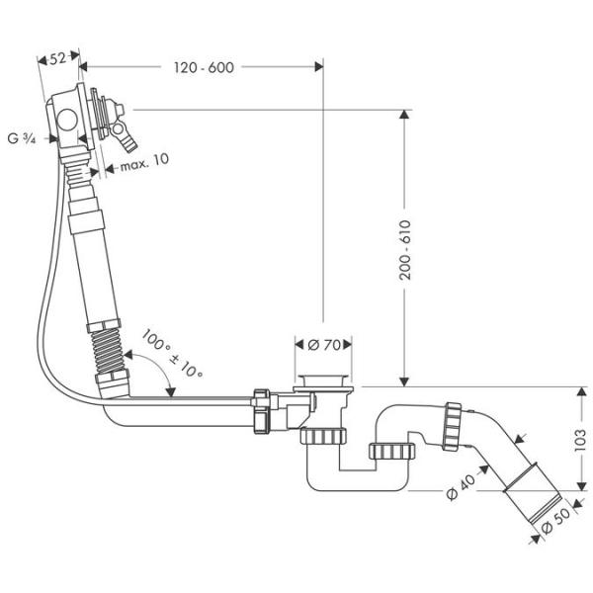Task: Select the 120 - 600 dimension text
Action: (x=202, y=67)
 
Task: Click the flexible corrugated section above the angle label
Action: (x=104, y=351)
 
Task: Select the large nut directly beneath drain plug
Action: (x=323, y=437)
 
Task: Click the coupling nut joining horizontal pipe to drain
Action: (x=264, y=411)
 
